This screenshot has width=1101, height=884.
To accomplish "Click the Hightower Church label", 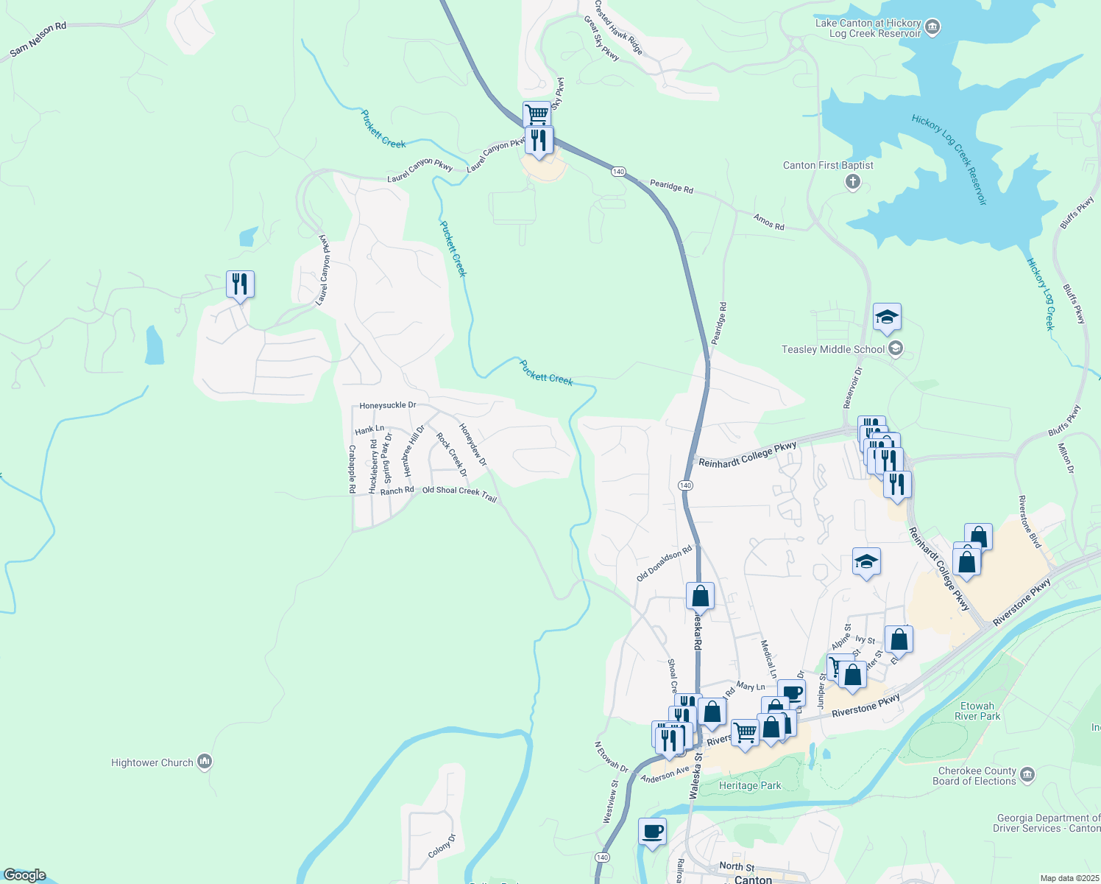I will pyautogui.click(x=152, y=763).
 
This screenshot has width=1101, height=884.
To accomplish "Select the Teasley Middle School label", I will pyautogui.click(x=832, y=349).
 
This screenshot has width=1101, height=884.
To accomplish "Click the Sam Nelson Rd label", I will pyautogui.click(x=38, y=40).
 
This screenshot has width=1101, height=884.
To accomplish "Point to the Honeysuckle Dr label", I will pyautogui.click(x=387, y=406).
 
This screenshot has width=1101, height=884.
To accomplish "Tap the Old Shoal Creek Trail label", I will pyautogui.click(x=459, y=494).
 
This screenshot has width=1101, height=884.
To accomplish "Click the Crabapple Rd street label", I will pyautogui.click(x=353, y=469).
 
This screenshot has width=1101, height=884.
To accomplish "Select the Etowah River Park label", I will pyautogui.click(x=977, y=711).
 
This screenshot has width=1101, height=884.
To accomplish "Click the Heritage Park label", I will pyautogui.click(x=749, y=785).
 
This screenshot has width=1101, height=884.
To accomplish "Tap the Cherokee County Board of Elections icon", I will pyautogui.click(x=1027, y=774).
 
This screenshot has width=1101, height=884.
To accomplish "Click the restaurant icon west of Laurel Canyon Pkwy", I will pyautogui.click(x=240, y=284).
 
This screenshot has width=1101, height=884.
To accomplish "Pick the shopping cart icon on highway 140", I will pyautogui.click(x=537, y=114).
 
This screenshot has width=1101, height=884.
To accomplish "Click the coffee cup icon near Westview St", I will pyautogui.click(x=652, y=832).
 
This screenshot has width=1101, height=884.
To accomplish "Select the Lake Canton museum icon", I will pyautogui.click(x=932, y=28).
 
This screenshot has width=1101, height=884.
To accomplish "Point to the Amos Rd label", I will pyautogui.click(x=768, y=222).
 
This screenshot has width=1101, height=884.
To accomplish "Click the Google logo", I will pyautogui.click(x=24, y=875).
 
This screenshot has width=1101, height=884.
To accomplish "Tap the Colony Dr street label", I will pyautogui.click(x=442, y=846).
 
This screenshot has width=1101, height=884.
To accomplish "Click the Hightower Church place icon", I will pyautogui.click(x=205, y=762).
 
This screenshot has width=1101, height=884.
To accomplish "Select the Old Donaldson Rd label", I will pyautogui.click(x=665, y=564).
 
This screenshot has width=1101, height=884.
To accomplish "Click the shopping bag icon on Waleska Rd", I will pyautogui.click(x=700, y=595).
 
